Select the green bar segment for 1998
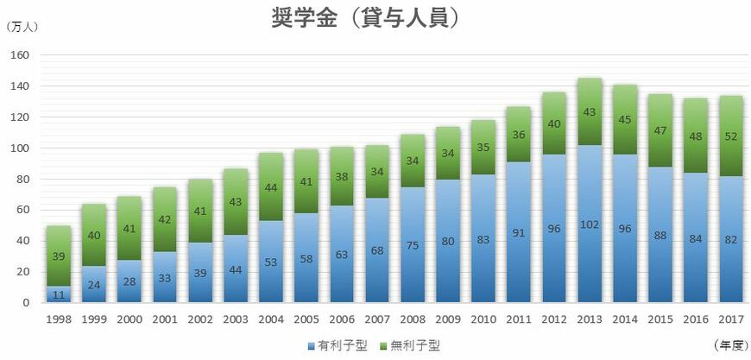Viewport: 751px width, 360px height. (x=60, y=256)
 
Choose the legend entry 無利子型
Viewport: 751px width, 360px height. (x=410, y=345)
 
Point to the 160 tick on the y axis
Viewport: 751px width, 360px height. (x=22, y=55)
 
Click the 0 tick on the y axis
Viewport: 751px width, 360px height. (x=27, y=303)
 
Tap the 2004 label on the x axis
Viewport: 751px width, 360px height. (x=272, y=319)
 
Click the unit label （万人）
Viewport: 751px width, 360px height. (x=22, y=27)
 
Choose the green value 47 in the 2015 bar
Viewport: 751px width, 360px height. (x=661, y=132)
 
